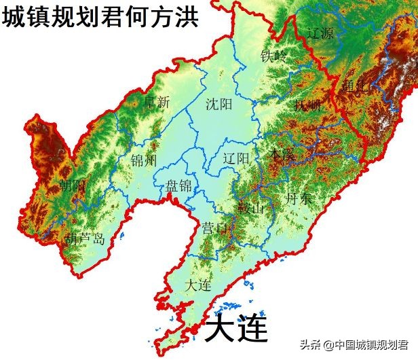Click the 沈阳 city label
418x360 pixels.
(219, 105)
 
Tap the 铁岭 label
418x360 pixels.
(274, 56)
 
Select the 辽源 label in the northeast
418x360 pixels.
(321, 33)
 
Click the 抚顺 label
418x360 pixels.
(307, 105)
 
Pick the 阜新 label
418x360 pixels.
(157, 103)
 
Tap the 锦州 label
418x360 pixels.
(144, 160)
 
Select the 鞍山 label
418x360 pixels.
(250, 207)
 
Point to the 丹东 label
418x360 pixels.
(299, 198)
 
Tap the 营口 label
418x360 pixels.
(214, 228)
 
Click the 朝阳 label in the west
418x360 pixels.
(72, 185)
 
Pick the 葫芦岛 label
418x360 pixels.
(85, 239)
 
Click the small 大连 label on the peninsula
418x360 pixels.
(197, 285)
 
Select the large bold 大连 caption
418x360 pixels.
(236, 329)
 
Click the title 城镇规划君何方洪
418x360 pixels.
(100, 16)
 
